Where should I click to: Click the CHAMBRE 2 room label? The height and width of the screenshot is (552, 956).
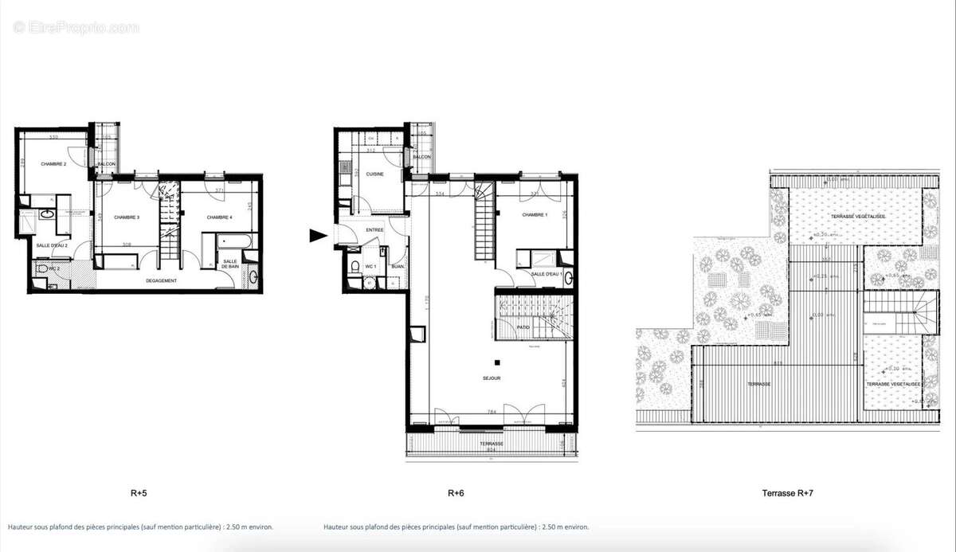[53, 165]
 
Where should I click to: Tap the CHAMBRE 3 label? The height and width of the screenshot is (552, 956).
[127, 217]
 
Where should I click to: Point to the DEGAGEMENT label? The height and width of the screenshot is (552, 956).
[161, 280]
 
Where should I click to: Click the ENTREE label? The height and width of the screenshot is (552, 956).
[374, 230]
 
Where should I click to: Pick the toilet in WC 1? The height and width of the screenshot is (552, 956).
[355, 266]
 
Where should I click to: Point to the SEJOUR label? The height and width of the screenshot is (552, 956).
[492, 379]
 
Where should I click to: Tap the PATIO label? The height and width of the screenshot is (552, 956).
[523, 327]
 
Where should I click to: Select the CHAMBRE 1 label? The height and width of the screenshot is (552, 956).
[535, 215]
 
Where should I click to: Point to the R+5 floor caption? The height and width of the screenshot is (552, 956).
[139, 493]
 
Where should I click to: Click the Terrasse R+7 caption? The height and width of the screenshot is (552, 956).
[788, 493]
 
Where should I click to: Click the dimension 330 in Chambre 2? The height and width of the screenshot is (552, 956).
[53, 138]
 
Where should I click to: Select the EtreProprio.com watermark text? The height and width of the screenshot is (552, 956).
[76, 27]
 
